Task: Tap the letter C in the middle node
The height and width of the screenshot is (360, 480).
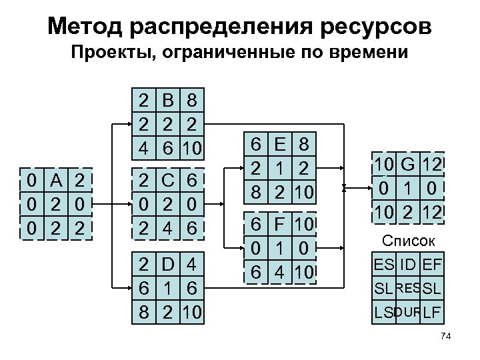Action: tap(167, 180)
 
